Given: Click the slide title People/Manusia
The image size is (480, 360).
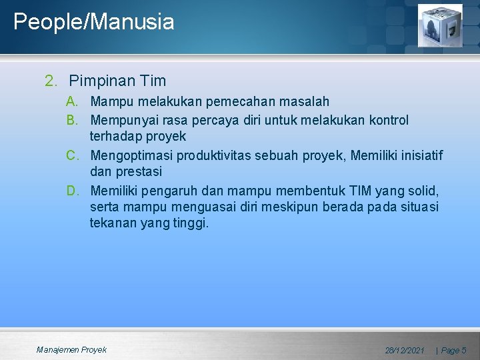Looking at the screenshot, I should click(x=93, y=22).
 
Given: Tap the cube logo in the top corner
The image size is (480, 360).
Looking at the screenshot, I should click(x=439, y=25).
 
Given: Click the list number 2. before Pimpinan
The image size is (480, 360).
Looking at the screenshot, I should click(x=51, y=81).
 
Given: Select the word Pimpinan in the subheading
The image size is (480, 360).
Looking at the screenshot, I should click(x=103, y=81).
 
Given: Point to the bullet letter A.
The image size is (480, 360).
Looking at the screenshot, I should click(x=72, y=102).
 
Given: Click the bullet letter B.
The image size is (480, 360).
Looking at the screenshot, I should click(x=72, y=121).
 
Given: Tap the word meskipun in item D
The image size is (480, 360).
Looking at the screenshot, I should click(x=288, y=207).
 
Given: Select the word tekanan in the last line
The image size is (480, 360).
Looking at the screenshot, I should click(x=113, y=223).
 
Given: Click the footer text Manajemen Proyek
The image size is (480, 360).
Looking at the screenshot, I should click(x=71, y=349).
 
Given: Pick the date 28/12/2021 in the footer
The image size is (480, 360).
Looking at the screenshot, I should click(x=405, y=350).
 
